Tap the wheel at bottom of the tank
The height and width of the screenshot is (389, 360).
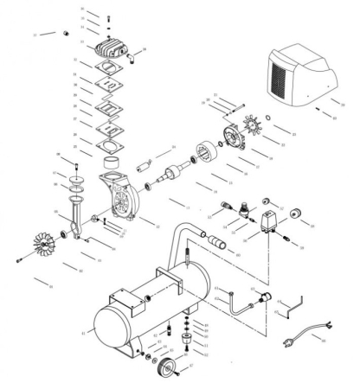point(159,373)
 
